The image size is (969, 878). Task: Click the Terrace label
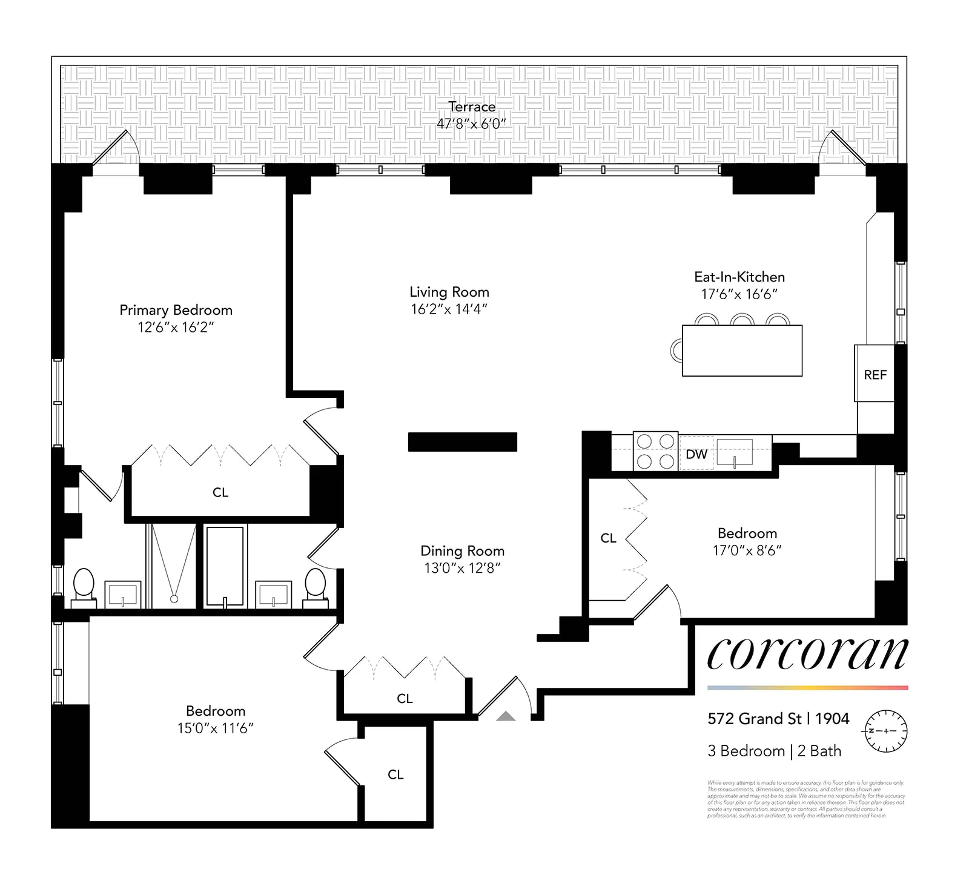[x=472, y=107]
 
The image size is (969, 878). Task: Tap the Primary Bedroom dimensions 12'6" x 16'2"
[x=176, y=328]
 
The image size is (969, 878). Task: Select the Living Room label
[x=449, y=292]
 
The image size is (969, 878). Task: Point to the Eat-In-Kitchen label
[x=739, y=277]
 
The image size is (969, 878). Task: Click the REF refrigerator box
[x=875, y=374]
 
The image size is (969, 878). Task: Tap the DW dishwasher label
[x=696, y=454]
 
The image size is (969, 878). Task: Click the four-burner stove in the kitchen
[x=656, y=452]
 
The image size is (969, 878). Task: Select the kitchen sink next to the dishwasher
[x=734, y=453]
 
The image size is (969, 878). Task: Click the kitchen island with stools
[x=742, y=351]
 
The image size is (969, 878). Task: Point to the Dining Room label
[x=462, y=551]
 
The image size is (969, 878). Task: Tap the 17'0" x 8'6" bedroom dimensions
[x=747, y=550]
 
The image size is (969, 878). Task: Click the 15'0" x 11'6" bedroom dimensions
[x=215, y=728]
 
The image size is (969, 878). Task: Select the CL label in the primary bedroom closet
[x=220, y=492]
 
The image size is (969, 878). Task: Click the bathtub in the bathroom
[x=225, y=566]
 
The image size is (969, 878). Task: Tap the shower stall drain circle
[x=174, y=599]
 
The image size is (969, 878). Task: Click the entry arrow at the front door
[x=506, y=716]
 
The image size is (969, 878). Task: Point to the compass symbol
[x=885, y=731]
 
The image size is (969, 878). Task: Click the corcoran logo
[x=807, y=654]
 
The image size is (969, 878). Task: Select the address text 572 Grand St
[x=754, y=719]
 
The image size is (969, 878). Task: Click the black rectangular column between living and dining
[x=462, y=442]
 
